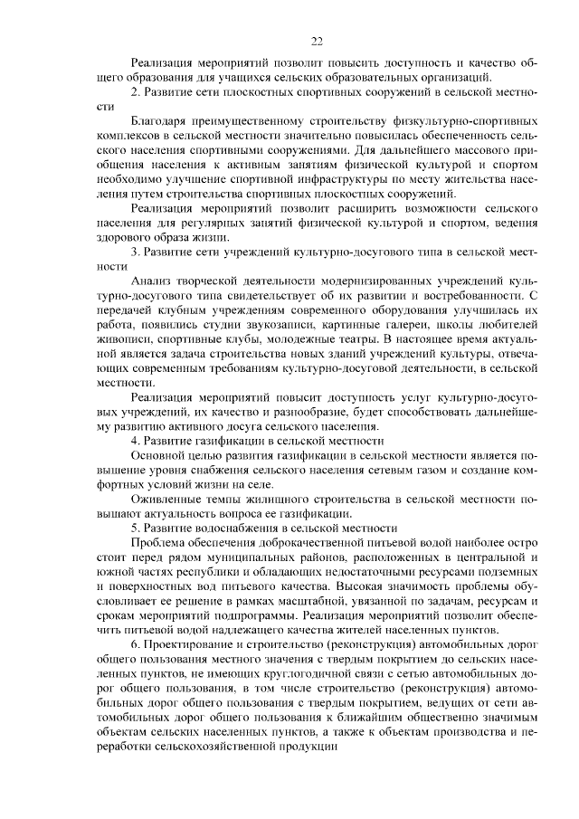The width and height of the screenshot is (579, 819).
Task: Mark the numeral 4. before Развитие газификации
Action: pos(136,441)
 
